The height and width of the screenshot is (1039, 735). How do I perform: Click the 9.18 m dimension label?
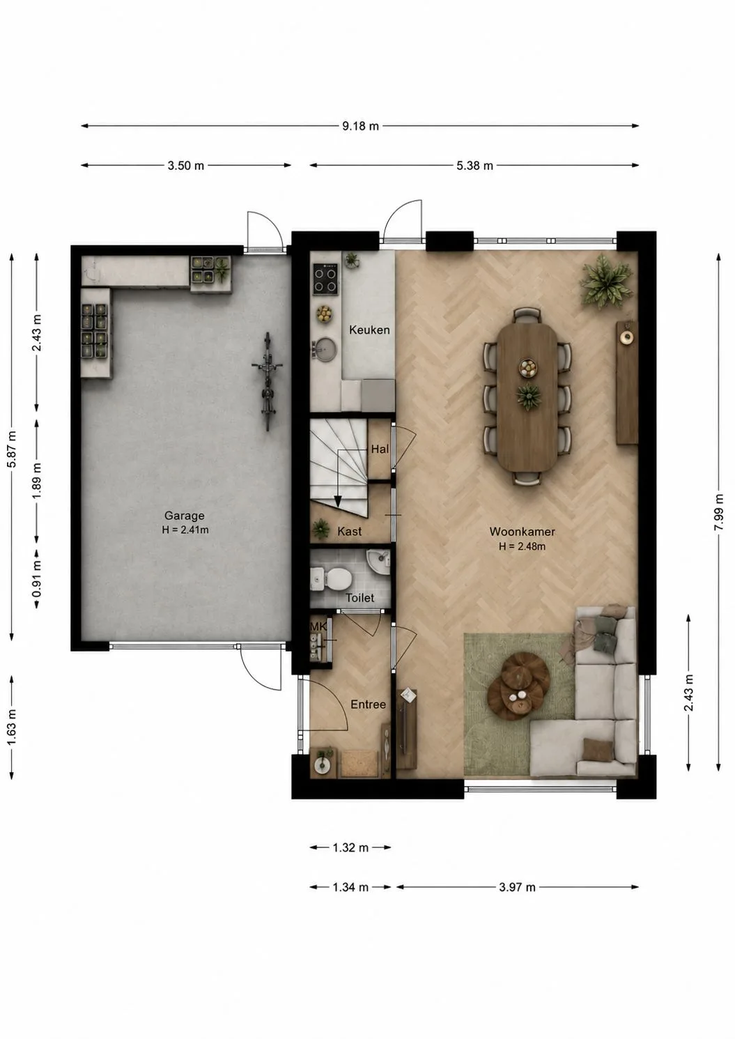(x=360, y=126)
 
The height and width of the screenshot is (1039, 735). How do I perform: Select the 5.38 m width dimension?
(x=474, y=166)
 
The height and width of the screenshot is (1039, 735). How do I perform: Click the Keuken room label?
(x=369, y=330)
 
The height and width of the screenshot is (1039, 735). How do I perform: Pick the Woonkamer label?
(x=522, y=532)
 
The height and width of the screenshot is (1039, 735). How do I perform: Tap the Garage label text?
(x=184, y=516)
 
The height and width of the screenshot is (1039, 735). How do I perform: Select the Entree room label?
(x=368, y=705)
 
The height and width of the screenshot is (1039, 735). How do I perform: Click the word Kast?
(x=349, y=532)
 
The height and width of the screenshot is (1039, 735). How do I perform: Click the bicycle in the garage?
(x=267, y=381)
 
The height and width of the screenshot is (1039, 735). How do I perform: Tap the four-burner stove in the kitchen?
(x=325, y=279)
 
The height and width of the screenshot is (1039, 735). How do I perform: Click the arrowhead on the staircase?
(x=338, y=502)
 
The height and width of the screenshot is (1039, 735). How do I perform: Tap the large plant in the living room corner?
(x=605, y=281)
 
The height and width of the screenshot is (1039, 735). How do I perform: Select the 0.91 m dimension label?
(x=37, y=579)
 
